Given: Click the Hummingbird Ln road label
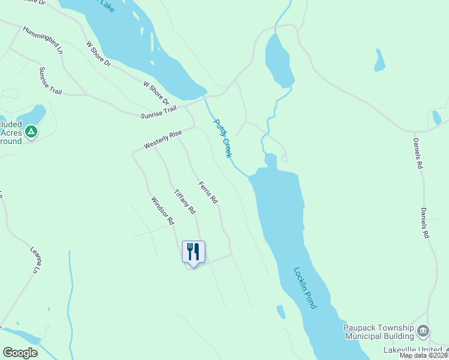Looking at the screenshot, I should click(x=43, y=40).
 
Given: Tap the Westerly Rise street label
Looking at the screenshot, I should click(x=162, y=140).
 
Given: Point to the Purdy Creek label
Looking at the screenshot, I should click(x=223, y=138).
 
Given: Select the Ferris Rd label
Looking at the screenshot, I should click(x=208, y=193).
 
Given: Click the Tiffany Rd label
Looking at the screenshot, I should click(x=184, y=202).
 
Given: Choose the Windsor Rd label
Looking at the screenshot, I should click(x=162, y=211).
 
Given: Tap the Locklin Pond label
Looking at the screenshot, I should click(x=305, y=287).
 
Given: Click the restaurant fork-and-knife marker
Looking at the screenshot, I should click(x=193, y=251).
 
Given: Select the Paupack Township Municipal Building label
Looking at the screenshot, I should click(x=379, y=332).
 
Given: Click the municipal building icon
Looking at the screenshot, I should click(x=423, y=331).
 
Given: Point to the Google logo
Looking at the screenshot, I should click(x=20, y=353).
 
